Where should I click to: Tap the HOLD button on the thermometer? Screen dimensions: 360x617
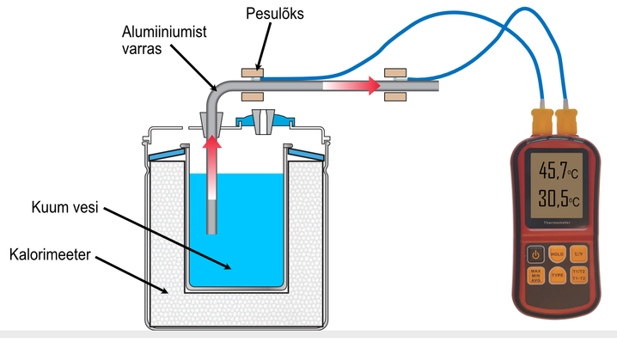click(x=556, y=254)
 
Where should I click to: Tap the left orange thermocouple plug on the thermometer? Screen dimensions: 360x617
click(x=543, y=120)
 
